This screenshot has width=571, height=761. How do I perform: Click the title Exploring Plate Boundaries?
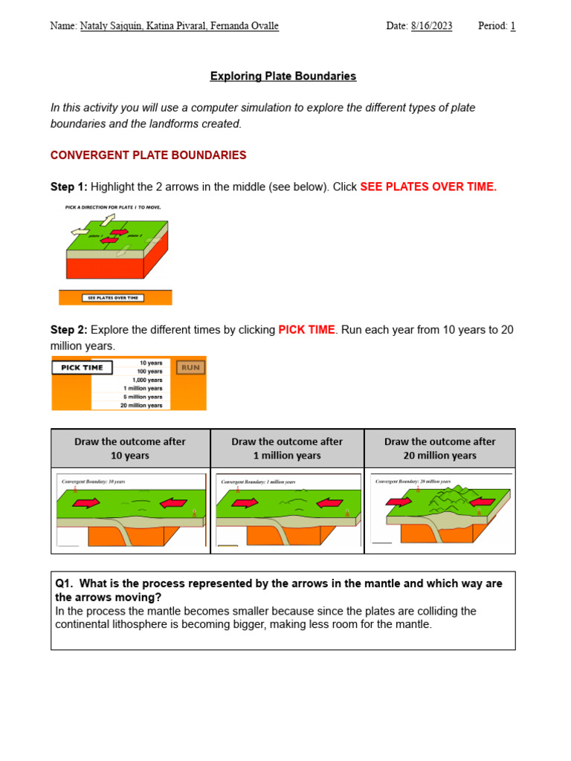pyautogui.click(x=283, y=76)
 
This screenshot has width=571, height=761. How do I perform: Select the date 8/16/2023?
pyautogui.click(x=430, y=26)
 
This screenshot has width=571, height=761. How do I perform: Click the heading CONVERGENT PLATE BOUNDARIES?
pyautogui.click(x=148, y=155)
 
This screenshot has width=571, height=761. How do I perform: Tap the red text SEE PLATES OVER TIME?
pyautogui.click(x=428, y=187)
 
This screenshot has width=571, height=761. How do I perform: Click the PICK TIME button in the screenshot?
pyautogui.click(x=82, y=367)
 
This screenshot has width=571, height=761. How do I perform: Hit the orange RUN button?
pyautogui.click(x=190, y=367)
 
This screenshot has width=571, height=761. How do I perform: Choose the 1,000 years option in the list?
pyautogui.click(x=148, y=380)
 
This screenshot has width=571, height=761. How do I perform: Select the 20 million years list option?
pyautogui.click(x=141, y=406)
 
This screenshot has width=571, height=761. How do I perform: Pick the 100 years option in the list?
pyautogui.click(x=150, y=371)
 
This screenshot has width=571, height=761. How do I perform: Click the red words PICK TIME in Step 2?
pyautogui.click(x=306, y=329)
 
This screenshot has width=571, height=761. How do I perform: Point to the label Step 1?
pyautogui.click(x=69, y=187)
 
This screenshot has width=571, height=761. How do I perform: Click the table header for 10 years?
pyautogui.click(x=130, y=448)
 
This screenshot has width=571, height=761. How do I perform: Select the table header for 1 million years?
pyautogui.click(x=287, y=448)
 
